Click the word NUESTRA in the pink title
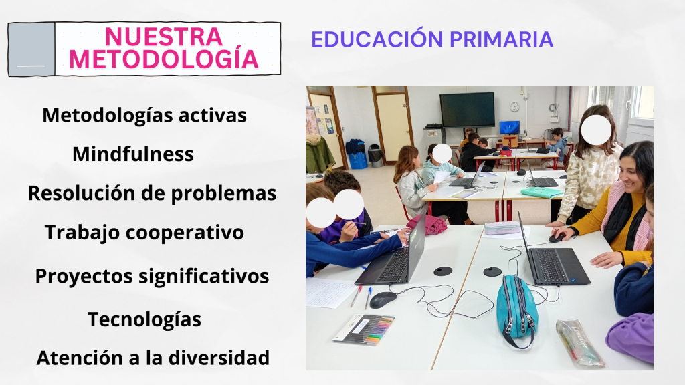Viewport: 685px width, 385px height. pos(164,37)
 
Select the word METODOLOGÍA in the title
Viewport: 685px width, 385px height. pos(165,59)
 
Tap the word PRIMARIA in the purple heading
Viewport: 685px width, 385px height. pos(501,39)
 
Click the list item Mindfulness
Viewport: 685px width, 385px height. pos(133,154)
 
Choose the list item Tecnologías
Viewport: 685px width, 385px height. pos(144,319)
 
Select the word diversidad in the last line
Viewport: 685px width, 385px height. pos(219,358)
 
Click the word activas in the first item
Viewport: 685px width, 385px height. pos(212,115)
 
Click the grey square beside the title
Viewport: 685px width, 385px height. pos(31,49)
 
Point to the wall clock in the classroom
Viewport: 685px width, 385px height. pos(514,106)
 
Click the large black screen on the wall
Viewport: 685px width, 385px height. pos(467,109)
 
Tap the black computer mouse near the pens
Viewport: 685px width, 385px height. pos(383,299)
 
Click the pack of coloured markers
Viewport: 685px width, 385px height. pos(363,330)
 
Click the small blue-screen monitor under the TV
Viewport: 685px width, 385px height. pos(509,128)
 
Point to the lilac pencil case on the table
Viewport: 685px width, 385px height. pos(502,227)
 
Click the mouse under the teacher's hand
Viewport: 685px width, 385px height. pos(556,238)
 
